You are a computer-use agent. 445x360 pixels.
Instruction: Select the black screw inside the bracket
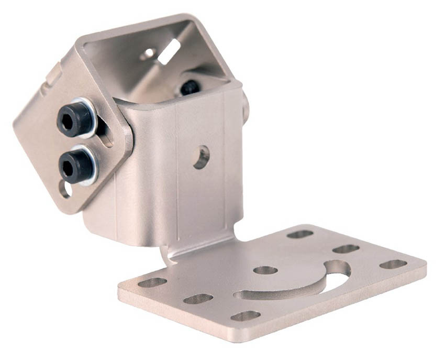[189, 87]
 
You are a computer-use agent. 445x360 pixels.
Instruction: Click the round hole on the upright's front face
[201, 157]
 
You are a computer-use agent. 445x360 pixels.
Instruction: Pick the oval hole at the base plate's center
[265, 270]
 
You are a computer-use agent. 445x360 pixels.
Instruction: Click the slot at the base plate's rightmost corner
[393, 264]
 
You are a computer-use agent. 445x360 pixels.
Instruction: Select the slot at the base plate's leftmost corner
[152, 282]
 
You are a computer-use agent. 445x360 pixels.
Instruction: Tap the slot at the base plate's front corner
[246, 315]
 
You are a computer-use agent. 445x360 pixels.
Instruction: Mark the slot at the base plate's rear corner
[300, 234]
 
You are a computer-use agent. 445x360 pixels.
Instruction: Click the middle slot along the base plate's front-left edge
[198, 299]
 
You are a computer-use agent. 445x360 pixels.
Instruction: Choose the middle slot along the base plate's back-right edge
[346, 248]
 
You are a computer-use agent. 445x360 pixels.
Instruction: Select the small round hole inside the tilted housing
[148, 53]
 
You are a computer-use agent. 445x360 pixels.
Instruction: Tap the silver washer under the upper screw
[90, 116]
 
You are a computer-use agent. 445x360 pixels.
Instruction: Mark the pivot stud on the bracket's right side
[245, 104]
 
